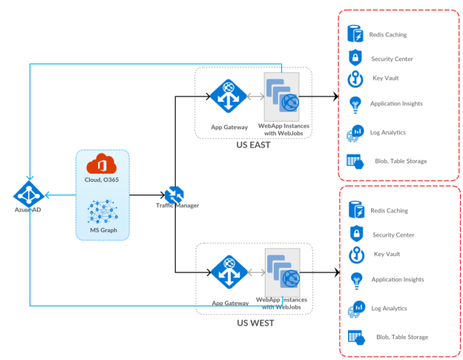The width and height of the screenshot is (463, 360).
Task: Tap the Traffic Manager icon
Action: [175, 195]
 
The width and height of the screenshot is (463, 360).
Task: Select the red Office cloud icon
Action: [102, 165]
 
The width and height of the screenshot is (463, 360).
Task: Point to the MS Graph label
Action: [102, 230]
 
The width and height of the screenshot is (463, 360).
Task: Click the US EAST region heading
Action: [255, 145]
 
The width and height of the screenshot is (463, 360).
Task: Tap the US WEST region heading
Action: [255, 323]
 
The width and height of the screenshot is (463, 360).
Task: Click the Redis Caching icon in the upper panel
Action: [355, 34]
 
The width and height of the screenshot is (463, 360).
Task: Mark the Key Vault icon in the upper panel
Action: [355, 79]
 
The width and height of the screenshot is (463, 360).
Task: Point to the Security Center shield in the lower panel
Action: [355, 234]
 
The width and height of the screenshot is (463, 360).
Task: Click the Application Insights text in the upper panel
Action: [397, 104]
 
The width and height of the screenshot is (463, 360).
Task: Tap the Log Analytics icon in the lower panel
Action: [355, 308]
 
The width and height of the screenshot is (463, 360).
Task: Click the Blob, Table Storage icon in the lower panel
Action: [355, 336]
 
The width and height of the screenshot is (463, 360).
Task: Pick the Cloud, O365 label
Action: [102, 180]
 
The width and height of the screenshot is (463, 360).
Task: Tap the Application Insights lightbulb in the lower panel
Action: [355, 280]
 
